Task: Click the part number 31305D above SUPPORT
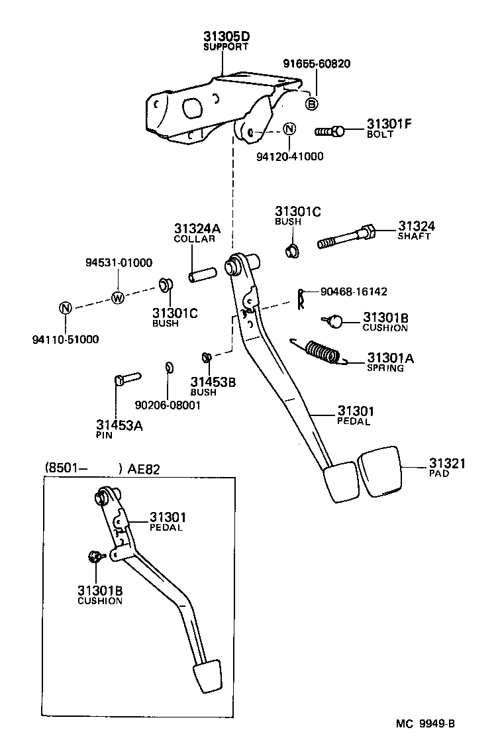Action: pyautogui.click(x=226, y=36)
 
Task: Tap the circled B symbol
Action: pyautogui.click(x=312, y=103)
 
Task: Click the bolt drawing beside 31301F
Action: pyautogui.click(x=328, y=131)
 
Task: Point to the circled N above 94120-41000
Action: pyautogui.click(x=289, y=129)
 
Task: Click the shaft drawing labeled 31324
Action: pyautogui.click(x=347, y=237)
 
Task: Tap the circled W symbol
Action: pyautogui.click(x=118, y=297)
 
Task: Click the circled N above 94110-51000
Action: pyautogui.click(x=65, y=308)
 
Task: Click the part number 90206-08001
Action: pyautogui.click(x=167, y=405)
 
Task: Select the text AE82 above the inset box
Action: pyautogui.click(x=143, y=468)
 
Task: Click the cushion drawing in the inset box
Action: pyautogui.click(x=94, y=556)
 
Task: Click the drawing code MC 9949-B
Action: pyautogui.click(x=426, y=724)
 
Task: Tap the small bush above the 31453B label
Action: pyautogui.click(x=206, y=358)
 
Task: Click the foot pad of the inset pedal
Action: pyautogui.click(x=205, y=676)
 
